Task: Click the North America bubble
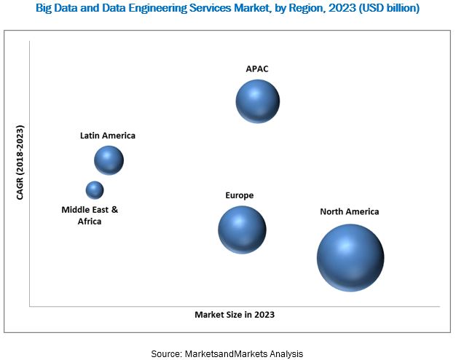350,257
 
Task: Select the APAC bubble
257,101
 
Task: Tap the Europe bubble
242,230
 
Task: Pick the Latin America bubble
109,160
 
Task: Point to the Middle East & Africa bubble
95,190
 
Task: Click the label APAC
257,69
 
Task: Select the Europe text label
240,195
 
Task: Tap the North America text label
350,211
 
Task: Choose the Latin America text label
108,135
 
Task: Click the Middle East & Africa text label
90,215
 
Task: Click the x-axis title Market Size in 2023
235,315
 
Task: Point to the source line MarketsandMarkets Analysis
227,353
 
